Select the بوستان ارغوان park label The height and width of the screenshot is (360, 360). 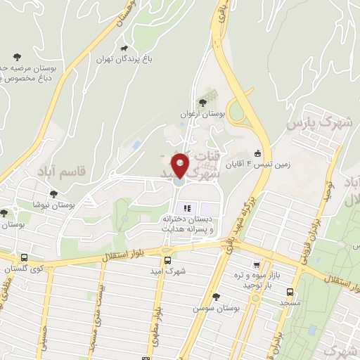pos(201,112)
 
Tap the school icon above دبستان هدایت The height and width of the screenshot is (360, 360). pos(187,207)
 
